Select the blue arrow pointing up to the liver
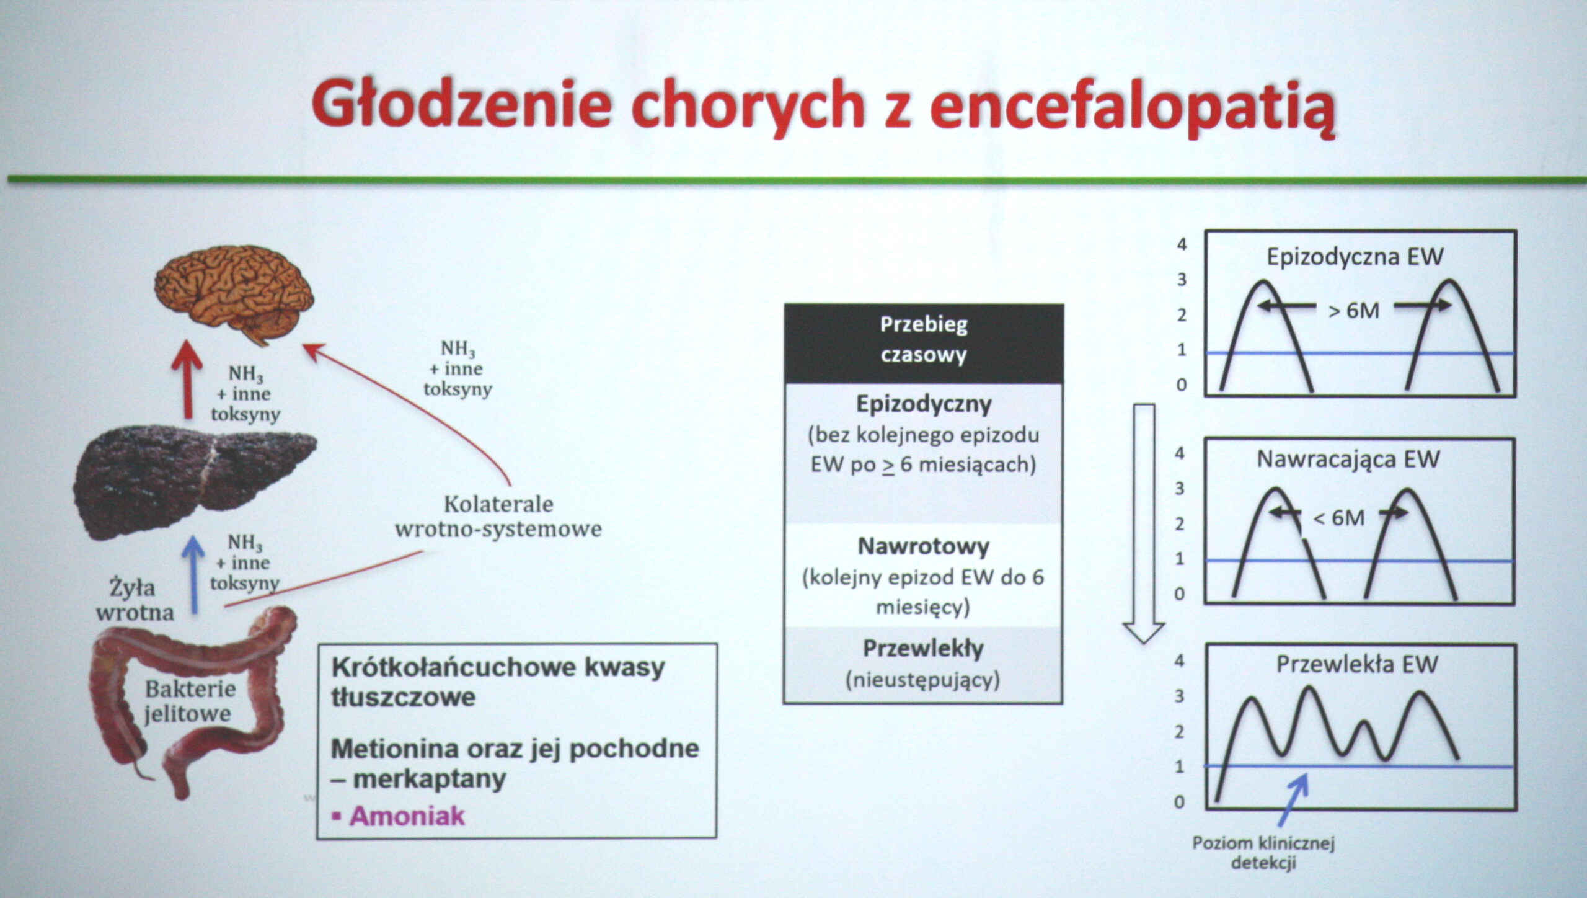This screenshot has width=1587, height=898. (196, 574)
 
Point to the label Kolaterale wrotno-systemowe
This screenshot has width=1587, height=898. (498, 516)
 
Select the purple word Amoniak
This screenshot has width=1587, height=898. (407, 816)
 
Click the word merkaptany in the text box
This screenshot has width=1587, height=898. (430, 780)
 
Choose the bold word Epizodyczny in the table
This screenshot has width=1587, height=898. (924, 404)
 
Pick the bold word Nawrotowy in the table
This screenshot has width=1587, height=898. (924, 546)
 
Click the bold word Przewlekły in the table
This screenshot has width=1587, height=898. (924, 649)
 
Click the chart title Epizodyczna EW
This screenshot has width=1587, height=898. (1355, 257)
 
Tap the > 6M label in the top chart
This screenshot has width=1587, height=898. (1354, 310)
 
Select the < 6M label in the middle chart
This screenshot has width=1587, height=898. (1339, 517)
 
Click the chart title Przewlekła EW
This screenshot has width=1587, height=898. (1356, 664)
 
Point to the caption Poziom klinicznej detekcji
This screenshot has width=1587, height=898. (1264, 853)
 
